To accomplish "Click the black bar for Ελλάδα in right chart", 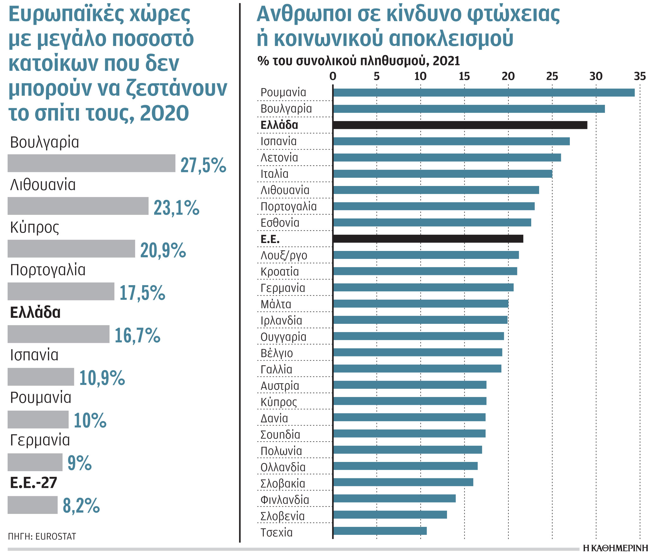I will (460, 125).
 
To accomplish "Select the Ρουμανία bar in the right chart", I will (484, 93).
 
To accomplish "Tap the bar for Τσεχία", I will (380, 531).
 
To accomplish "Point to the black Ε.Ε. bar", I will (428, 239).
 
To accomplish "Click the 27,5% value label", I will (203, 165).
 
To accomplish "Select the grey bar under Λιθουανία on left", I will (78, 206).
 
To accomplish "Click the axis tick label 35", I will (639, 76).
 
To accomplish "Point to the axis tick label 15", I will (464, 76).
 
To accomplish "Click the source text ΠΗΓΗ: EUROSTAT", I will (42, 537).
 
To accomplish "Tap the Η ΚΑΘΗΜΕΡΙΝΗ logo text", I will (615, 549).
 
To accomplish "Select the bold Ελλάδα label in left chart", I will (35, 313).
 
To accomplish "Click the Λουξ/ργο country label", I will (284, 255).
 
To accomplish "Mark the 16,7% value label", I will (137, 336).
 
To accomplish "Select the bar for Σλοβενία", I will (390, 515).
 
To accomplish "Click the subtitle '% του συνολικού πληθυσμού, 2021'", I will (358, 61).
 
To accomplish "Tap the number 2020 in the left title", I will (164, 113).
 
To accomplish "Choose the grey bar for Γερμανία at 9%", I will (35, 462).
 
